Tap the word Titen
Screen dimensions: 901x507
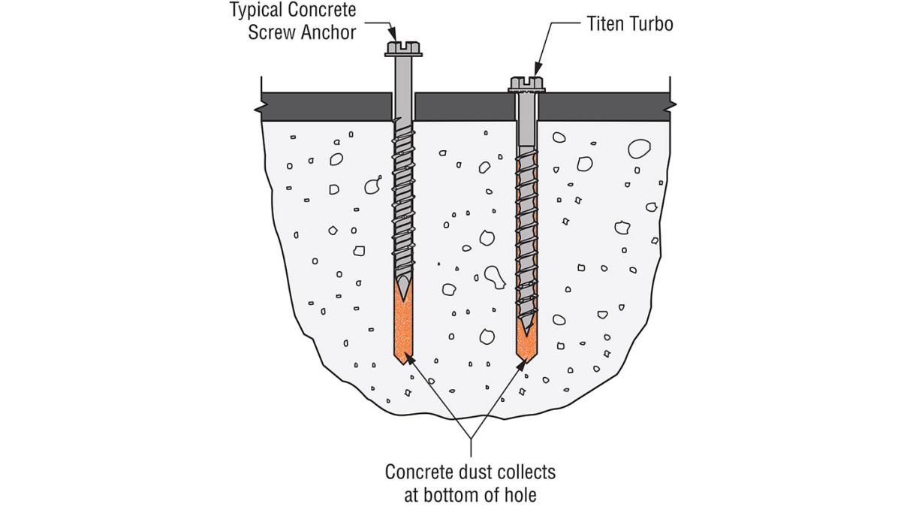607,24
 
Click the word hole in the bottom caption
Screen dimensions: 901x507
520,495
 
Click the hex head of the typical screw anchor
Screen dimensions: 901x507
402,48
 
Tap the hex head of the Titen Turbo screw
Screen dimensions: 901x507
526,83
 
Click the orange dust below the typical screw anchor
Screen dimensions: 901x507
403,330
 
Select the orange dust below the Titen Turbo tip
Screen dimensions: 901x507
526,348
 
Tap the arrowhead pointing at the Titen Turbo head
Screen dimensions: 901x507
537,69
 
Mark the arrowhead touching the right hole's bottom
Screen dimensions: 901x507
522,366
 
